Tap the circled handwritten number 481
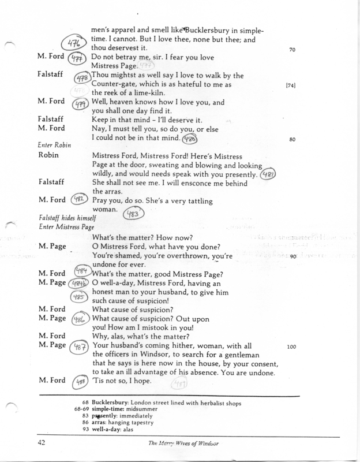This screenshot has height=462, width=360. click(268, 174)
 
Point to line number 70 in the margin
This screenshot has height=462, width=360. click(292, 49)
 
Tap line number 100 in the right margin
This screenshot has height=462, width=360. click(292, 346)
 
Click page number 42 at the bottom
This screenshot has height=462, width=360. click(42, 443)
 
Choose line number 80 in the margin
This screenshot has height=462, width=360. click(292, 139)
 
